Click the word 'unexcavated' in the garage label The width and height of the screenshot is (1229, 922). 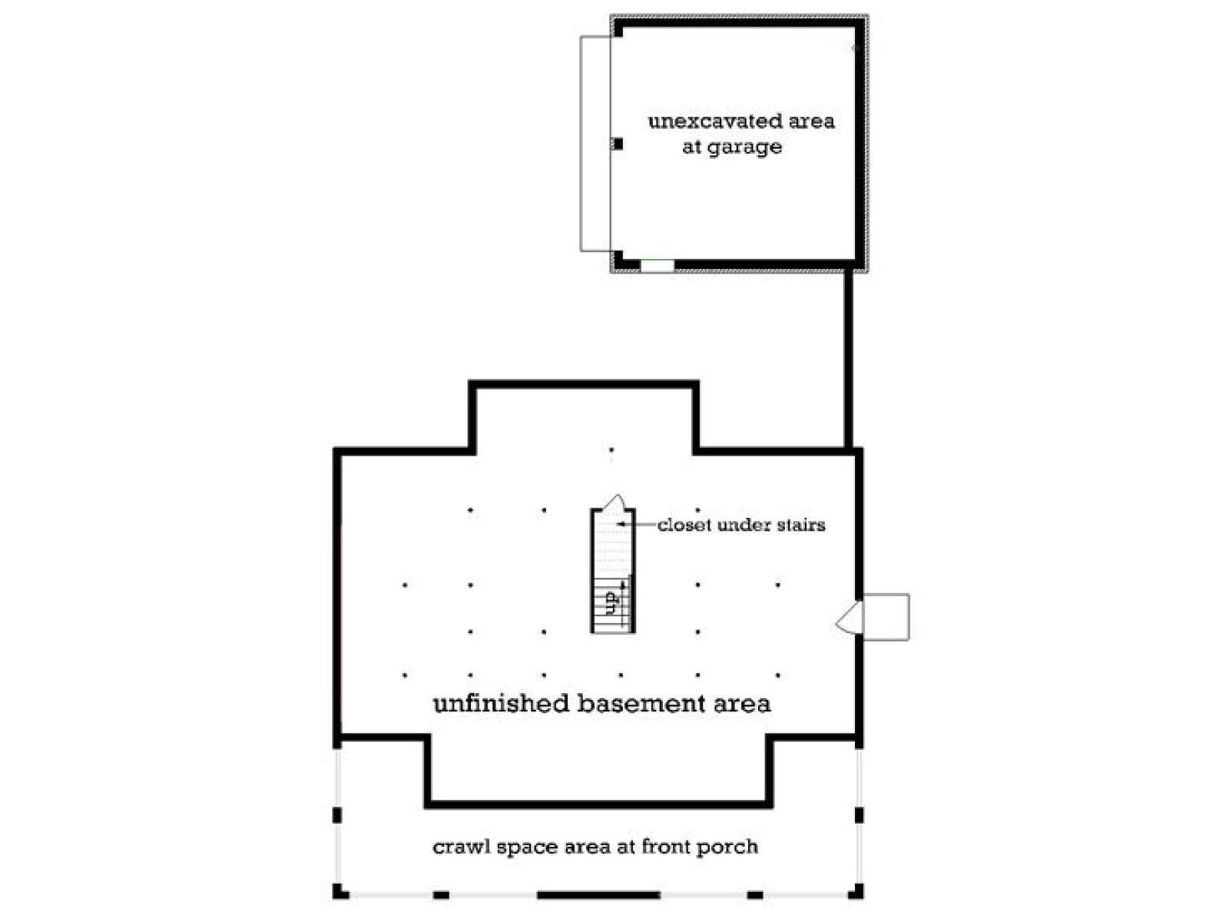pyautogui.click(x=704, y=121)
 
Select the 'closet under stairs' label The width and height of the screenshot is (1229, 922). pyautogui.click(x=740, y=525)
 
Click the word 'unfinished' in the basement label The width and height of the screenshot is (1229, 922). pyautogui.click(x=501, y=703)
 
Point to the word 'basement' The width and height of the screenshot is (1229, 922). pyautogui.click(x=641, y=704)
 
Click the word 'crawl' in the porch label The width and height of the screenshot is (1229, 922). pyautogui.click(x=461, y=847)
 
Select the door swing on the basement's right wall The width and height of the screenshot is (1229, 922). pyautogui.click(x=849, y=618)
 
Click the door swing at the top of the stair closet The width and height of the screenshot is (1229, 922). pyautogui.click(x=614, y=502)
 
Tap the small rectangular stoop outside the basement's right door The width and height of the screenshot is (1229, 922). pyautogui.click(x=886, y=616)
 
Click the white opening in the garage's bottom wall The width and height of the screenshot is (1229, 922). pyautogui.click(x=657, y=265)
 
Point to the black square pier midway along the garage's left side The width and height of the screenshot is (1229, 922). pyautogui.click(x=618, y=144)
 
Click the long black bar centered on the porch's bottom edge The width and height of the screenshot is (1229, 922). pyautogui.click(x=598, y=895)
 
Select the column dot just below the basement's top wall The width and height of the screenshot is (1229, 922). pyautogui.click(x=611, y=449)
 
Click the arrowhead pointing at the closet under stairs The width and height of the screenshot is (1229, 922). pyautogui.click(x=621, y=525)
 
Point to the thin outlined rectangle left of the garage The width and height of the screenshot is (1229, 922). pyautogui.click(x=581, y=144)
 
